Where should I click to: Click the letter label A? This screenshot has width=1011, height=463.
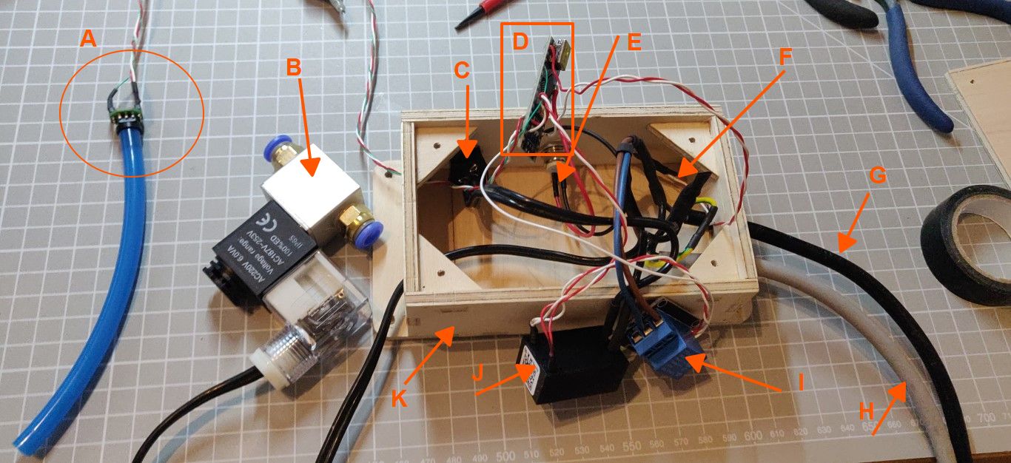[x=88, y=39]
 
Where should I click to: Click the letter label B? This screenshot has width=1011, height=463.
[x=294, y=67]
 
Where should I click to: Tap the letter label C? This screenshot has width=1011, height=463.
[x=461, y=72]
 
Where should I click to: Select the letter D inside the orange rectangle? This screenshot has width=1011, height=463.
[x=520, y=41]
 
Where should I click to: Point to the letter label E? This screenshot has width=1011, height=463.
[x=634, y=41]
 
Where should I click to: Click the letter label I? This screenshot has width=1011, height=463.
[x=799, y=382]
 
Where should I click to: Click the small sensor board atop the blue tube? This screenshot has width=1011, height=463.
[x=127, y=117]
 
